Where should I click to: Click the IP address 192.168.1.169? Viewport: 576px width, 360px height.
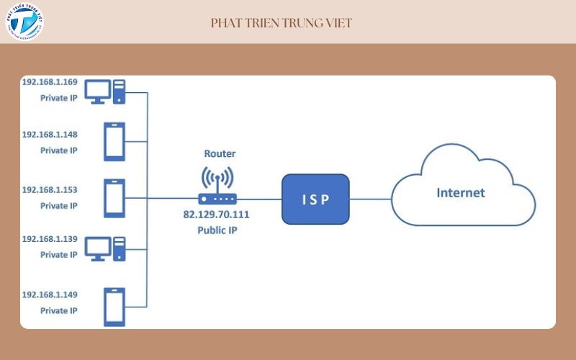tap(50, 81)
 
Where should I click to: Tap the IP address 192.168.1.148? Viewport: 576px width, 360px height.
tap(50, 135)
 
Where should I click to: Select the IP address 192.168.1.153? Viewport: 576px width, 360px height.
tap(50, 189)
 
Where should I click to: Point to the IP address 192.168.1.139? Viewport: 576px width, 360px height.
tap(50, 238)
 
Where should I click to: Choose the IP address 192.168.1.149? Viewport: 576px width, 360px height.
tap(50, 294)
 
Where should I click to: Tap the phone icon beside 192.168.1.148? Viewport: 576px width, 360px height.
tap(114, 142)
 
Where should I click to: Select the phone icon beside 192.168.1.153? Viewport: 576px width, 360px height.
tap(114, 197)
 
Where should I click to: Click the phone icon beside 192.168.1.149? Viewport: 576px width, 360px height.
tap(114, 307)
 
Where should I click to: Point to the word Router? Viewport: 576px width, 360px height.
tap(220, 153)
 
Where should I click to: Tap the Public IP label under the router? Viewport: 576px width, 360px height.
tap(218, 230)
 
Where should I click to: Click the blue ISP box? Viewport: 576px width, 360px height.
tap(315, 198)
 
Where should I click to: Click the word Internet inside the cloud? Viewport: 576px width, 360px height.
tap(461, 193)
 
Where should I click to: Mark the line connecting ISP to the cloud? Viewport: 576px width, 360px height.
tap(370, 199)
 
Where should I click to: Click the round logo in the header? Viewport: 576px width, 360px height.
tap(24, 22)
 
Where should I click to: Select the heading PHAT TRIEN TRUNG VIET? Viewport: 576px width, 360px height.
tap(282, 23)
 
